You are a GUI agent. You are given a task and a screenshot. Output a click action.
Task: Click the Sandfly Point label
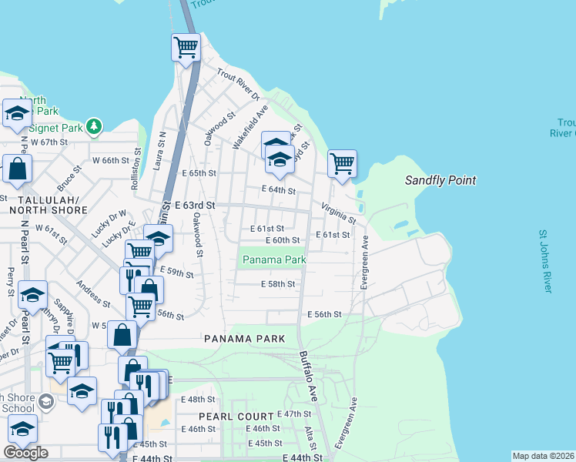click(440, 180)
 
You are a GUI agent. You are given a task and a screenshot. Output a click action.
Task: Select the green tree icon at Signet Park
click(94, 126)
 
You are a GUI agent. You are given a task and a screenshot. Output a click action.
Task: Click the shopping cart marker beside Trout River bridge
click(186, 48)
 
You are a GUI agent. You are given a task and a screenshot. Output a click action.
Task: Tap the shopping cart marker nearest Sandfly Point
click(342, 163)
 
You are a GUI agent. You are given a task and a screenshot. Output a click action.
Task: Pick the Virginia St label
click(338, 213)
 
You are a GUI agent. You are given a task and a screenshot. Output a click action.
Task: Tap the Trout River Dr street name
click(239, 85)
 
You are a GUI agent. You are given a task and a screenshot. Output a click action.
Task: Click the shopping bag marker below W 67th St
click(17, 169)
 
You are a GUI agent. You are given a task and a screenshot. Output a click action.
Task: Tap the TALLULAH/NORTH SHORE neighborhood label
click(45, 204)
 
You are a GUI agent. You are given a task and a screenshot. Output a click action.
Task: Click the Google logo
click(25, 453)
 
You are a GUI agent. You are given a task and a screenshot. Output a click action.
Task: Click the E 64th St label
click(279, 189)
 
